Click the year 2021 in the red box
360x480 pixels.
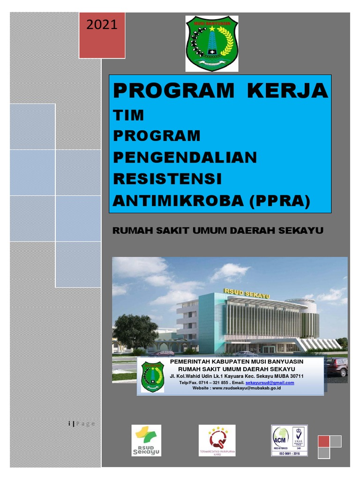pos(101,25)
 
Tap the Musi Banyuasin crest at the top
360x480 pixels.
pos(212,43)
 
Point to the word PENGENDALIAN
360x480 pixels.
pos(185,157)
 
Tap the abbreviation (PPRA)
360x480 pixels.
pos(279,201)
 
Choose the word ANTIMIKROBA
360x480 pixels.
pos(178,201)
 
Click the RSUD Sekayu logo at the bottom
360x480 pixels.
pos(146,441)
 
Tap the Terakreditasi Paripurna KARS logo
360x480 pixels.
pos(217,441)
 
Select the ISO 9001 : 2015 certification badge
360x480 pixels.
pos(289,441)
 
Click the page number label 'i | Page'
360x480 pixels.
pos(82,424)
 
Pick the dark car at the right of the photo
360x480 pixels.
pos(337,367)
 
